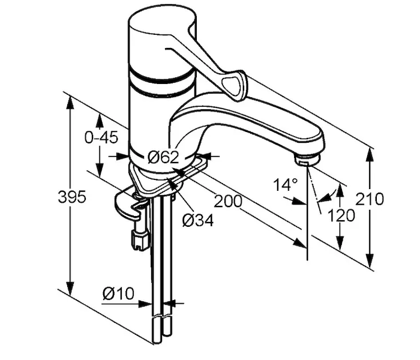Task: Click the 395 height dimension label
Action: (72, 197)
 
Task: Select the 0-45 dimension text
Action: (101, 137)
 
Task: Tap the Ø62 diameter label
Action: (163, 157)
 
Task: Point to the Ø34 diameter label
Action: (198, 220)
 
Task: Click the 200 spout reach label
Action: (227, 201)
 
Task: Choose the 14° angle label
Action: (285, 185)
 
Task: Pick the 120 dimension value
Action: (341, 215)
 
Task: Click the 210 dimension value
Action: (370, 199)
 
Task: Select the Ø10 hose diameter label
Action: (118, 293)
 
